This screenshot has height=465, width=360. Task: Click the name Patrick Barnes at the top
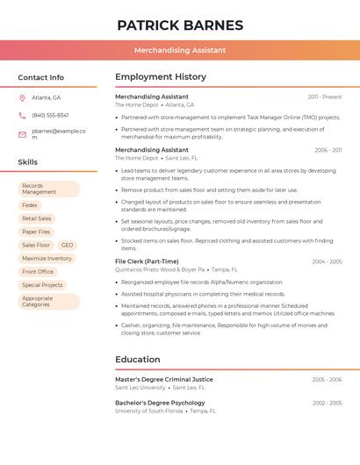point(180,25)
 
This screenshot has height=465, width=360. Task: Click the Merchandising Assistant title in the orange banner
point(180,50)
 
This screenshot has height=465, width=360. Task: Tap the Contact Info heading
point(40,77)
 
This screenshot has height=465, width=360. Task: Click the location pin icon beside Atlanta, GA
point(22,97)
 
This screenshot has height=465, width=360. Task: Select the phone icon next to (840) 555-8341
point(22,115)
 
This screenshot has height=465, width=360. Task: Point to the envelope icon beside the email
point(22,134)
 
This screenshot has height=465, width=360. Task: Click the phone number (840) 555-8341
point(50,115)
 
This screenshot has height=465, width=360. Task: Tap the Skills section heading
point(27,161)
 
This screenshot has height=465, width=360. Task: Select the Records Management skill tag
point(48,189)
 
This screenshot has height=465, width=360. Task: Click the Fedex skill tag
point(30,205)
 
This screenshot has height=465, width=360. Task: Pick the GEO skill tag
point(67,245)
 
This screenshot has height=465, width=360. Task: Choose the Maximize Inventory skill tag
point(47,258)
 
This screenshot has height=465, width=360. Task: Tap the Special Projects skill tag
point(42,285)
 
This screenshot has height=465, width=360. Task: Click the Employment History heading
point(161,76)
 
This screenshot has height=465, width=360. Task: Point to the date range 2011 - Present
point(325,97)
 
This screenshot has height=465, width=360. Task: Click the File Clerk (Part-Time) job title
point(147,261)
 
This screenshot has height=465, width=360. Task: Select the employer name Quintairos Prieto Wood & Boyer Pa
point(160,270)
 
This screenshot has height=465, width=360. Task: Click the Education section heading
point(138,359)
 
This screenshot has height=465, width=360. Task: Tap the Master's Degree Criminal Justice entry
point(164,379)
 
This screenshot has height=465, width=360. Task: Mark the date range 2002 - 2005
point(327,403)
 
